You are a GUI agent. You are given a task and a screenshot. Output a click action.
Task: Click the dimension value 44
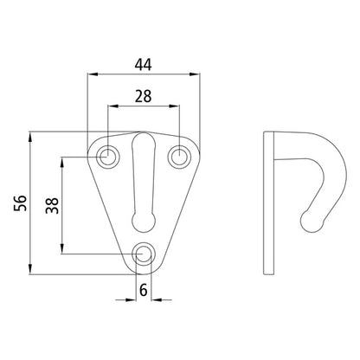tap(145, 62)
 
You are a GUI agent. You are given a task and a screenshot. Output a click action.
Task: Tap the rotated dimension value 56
tap(17, 202)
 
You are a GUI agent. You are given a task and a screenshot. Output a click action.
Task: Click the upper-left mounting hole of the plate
tap(108, 157)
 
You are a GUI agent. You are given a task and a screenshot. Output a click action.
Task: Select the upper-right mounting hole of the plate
tap(180, 157)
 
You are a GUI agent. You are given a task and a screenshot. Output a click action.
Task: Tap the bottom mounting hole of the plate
tap(145, 254)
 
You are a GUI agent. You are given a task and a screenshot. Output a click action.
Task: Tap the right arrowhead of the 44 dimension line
tap(199, 76)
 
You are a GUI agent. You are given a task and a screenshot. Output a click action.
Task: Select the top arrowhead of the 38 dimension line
tap(63, 159)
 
